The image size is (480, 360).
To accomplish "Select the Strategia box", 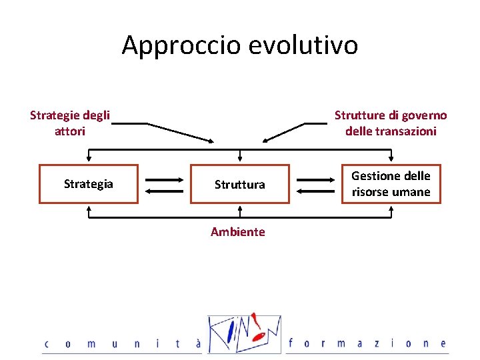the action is [x=89, y=184].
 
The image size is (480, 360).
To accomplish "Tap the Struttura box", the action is [x=239, y=184].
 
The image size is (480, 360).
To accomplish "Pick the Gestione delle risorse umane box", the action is [x=391, y=184].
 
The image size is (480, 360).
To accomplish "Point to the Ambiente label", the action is [x=238, y=232].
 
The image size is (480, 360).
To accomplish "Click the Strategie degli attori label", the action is [x=70, y=123].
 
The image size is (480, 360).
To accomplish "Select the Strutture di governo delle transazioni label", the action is [x=391, y=123].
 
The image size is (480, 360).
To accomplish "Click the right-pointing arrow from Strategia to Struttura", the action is [x=164, y=179].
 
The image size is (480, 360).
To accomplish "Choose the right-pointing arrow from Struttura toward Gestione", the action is [x=316, y=179].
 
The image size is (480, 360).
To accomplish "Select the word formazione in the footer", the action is [x=367, y=344].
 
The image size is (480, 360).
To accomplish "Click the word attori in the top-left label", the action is [x=70, y=131].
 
